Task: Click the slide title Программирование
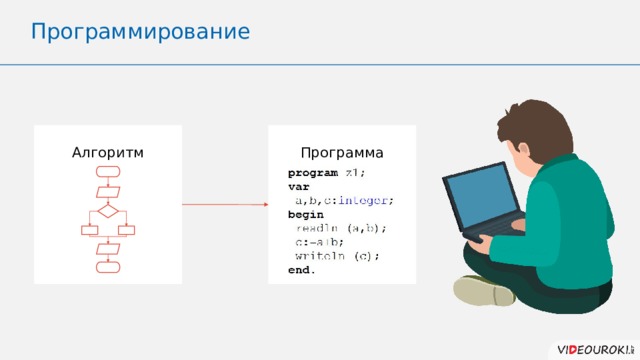(x=140, y=32)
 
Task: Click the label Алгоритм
(x=108, y=153)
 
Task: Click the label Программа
(x=342, y=153)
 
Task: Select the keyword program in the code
(x=312, y=172)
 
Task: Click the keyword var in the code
(x=298, y=186)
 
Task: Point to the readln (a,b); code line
(x=340, y=228)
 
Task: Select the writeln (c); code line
(x=337, y=256)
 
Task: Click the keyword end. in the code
(x=301, y=270)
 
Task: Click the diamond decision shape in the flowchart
(x=108, y=211)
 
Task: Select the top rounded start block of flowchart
(x=108, y=172)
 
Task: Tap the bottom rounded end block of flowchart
(x=108, y=267)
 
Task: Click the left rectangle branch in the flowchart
(x=89, y=231)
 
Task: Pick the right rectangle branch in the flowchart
(x=127, y=231)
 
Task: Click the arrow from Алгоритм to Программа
(x=224, y=205)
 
